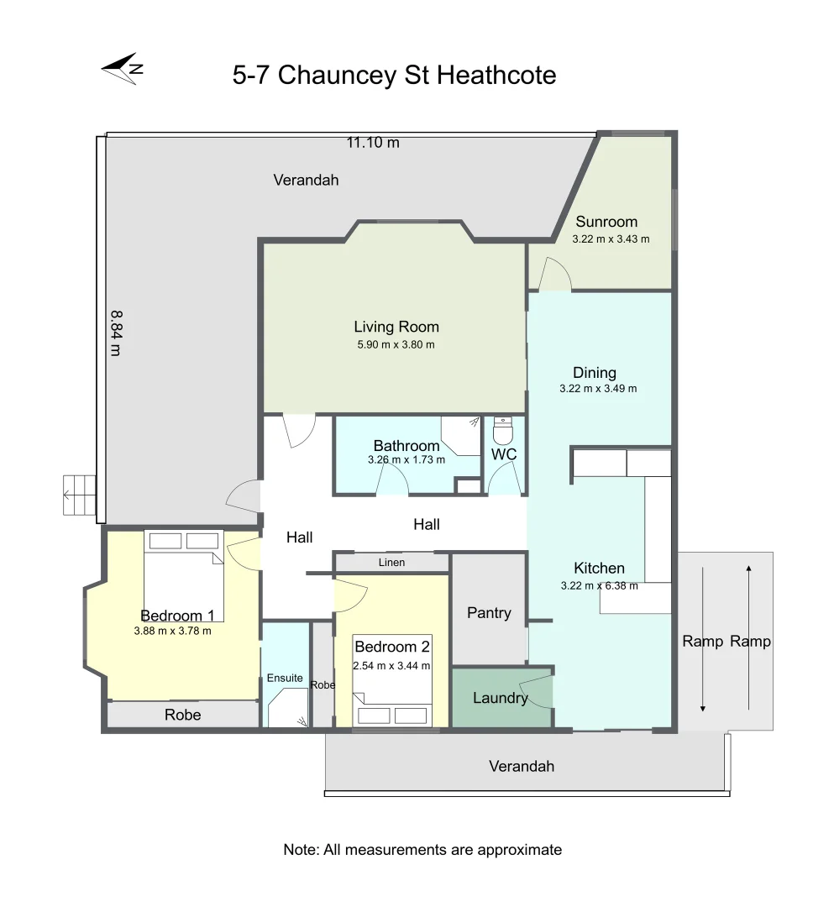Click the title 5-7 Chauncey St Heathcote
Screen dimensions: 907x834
(394, 76)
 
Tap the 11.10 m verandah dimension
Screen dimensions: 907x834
(373, 143)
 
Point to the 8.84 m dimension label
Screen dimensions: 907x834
(116, 333)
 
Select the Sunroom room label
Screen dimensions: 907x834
(606, 222)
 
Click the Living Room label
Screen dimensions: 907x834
(396, 327)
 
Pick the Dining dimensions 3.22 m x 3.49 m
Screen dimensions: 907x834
(597, 389)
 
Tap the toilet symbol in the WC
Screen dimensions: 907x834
(502, 432)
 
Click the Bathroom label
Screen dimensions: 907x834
(407, 446)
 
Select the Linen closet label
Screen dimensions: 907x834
(391, 562)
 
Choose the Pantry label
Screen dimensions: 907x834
(489, 613)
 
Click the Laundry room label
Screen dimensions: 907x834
(500, 698)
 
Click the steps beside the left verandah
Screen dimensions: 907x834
(79, 495)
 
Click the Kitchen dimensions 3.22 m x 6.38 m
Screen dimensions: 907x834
(599, 586)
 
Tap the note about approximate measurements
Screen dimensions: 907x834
(422, 850)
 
